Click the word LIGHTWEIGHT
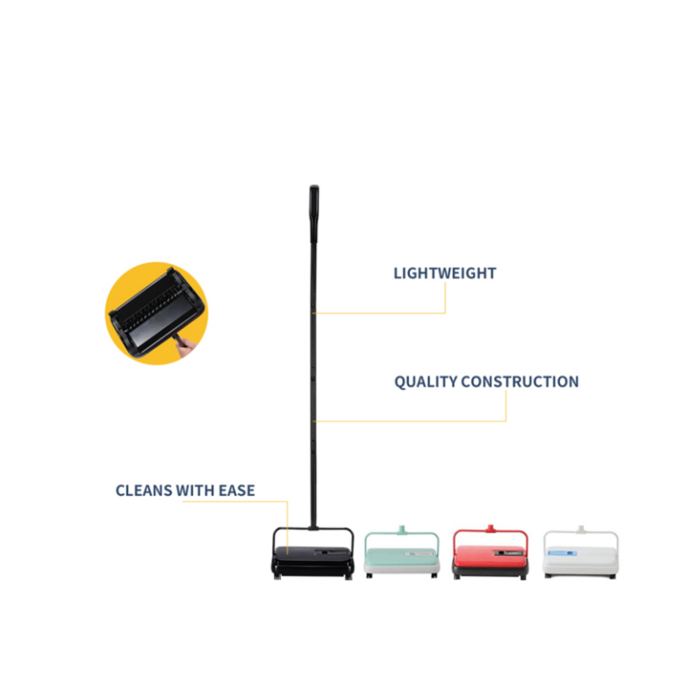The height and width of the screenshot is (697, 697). click(x=444, y=274)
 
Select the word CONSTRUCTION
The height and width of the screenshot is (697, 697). click(x=520, y=382)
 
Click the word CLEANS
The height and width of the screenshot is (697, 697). click(x=143, y=491)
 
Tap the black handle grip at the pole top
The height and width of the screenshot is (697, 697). click(x=314, y=213)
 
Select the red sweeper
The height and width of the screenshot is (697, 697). click(x=490, y=553)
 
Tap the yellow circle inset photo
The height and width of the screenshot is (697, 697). click(x=156, y=313)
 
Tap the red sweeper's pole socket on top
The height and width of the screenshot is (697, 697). click(x=490, y=529)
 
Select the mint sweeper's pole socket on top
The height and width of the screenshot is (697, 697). click(x=401, y=530)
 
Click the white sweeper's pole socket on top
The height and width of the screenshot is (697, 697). click(x=580, y=530)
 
